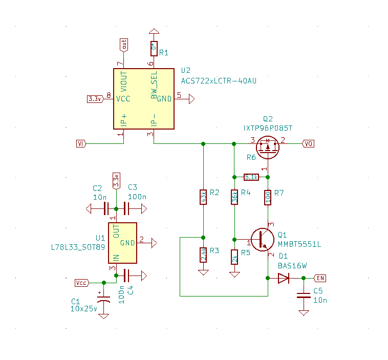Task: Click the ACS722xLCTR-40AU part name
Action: point(218,81)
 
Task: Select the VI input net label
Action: point(80,143)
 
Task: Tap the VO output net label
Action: point(308,143)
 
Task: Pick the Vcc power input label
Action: point(81,282)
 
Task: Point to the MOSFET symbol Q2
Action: point(267,146)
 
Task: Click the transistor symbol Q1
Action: point(263,239)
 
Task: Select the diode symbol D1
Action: point(283,278)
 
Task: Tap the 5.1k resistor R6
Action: point(251,177)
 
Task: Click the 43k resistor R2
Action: point(203,197)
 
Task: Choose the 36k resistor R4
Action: point(234,197)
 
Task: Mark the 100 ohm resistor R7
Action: point(268,197)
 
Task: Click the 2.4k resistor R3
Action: point(203,255)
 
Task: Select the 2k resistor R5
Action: point(234,257)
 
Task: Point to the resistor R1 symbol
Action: point(153,49)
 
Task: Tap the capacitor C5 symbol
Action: point(304,295)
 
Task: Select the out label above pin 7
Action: point(123,45)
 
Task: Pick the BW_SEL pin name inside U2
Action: point(154,86)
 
